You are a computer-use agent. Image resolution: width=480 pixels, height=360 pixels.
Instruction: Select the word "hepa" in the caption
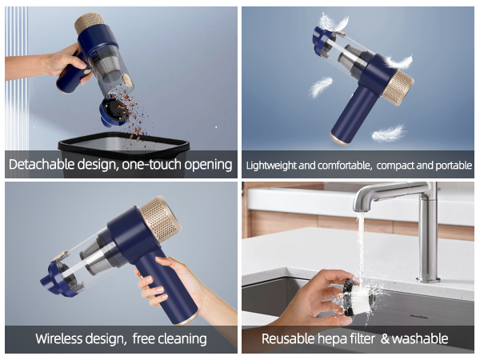[338, 338]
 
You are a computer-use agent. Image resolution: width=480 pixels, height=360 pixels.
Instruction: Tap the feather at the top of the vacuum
[332, 22]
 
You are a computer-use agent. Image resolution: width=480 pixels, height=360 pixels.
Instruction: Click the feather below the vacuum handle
[388, 132]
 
